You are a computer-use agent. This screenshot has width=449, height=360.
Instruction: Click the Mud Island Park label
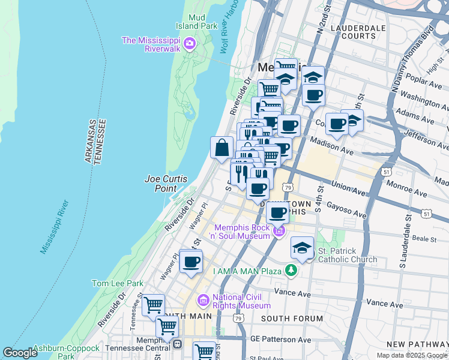(x=196, y=22)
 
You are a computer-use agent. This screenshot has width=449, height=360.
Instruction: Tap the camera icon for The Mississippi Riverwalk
(x=190, y=43)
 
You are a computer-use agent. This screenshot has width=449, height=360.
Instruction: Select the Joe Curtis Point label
(x=166, y=184)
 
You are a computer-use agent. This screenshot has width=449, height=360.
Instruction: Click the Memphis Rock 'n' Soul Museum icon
(x=279, y=231)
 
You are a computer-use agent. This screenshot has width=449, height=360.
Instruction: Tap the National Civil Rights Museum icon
(x=203, y=300)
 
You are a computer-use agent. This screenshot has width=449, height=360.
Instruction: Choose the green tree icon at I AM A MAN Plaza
(x=291, y=271)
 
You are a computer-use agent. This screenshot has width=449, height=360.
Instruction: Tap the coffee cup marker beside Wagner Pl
(x=191, y=262)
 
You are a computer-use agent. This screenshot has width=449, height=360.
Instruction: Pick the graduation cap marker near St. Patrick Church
(x=303, y=247)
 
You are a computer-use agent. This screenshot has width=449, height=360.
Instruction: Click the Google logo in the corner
(x=20, y=353)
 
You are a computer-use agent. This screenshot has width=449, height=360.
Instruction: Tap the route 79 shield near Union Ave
(x=289, y=188)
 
